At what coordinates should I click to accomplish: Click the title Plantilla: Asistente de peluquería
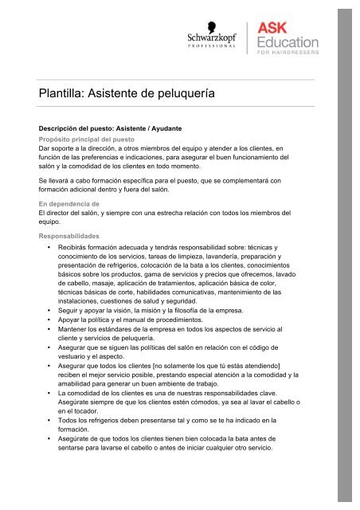(x=116, y=93)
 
